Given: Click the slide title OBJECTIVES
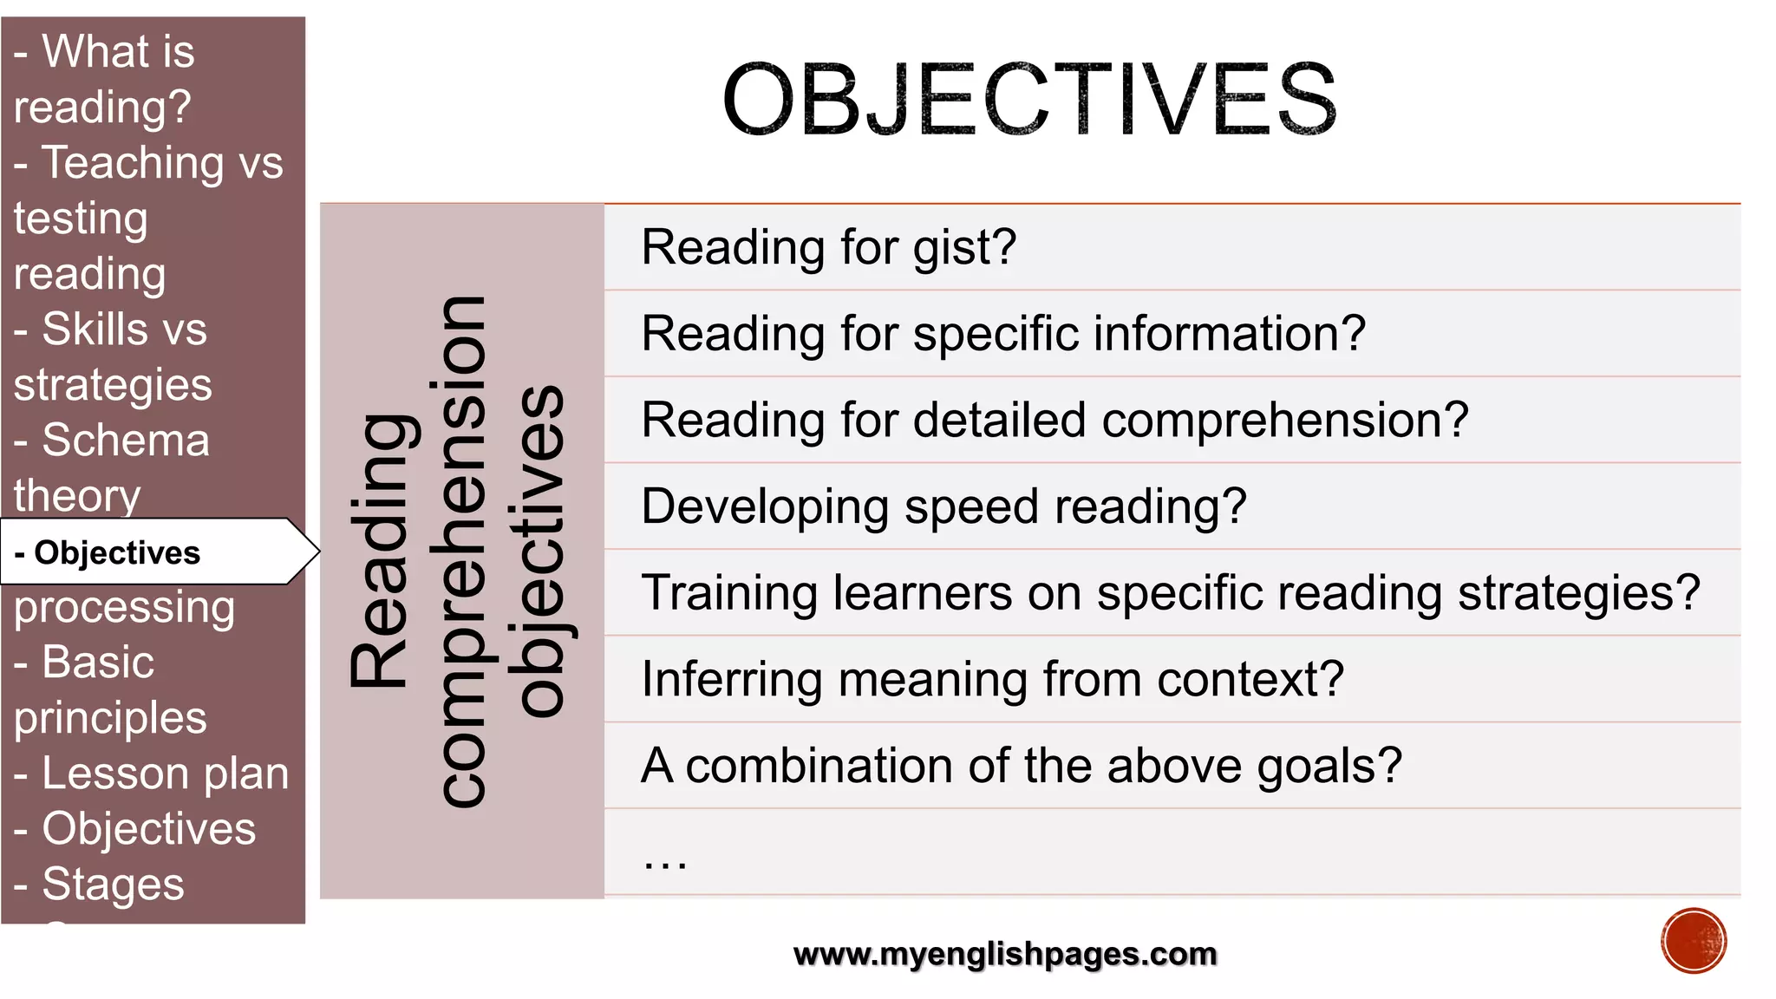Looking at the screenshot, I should (1029, 100).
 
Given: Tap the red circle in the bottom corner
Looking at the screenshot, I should (1694, 941).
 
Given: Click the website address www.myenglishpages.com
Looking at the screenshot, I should (1005, 954).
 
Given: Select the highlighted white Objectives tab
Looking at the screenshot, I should (117, 552).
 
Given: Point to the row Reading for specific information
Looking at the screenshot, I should (1003, 334).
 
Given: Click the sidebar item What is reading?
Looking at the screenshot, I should (104, 78).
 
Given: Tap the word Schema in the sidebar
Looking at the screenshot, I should (126, 441).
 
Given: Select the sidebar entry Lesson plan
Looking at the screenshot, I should (165, 774).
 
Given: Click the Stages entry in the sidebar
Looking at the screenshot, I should (113, 885).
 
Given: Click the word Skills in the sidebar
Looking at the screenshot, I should (95, 330).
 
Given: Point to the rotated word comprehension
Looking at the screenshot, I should (462, 552).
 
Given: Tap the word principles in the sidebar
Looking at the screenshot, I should (110, 718).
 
